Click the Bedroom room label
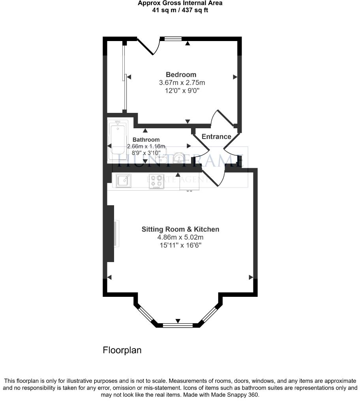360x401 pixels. [x=181, y=75]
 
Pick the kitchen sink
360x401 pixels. [x=123, y=180]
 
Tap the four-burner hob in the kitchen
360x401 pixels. [x=156, y=181]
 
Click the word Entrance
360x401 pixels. [x=216, y=137]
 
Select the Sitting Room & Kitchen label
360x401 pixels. [x=180, y=229]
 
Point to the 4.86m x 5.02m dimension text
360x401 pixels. [x=180, y=237]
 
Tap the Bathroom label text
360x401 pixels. [x=146, y=140]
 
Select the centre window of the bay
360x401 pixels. [x=178, y=326]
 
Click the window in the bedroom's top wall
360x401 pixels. [x=173, y=39]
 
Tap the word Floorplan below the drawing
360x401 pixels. [x=122, y=350]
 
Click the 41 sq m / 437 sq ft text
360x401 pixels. [x=180, y=10]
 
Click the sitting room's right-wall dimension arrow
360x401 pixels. [x=251, y=277]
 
